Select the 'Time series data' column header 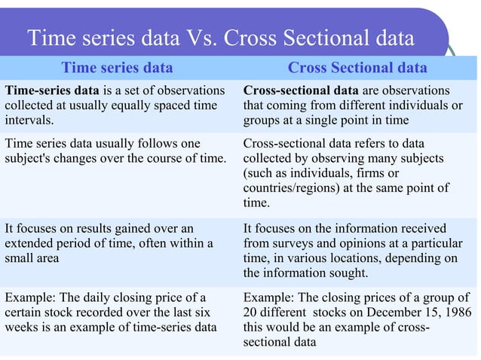click(x=117, y=68)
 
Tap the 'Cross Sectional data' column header click(x=357, y=68)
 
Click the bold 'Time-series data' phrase click(x=49, y=91)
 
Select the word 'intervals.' click(x=29, y=120)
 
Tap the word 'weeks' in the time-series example click(x=23, y=327)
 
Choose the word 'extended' click(x=32, y=243)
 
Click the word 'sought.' click(x=345, y=272)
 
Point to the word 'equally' click(x=121, y=105)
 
